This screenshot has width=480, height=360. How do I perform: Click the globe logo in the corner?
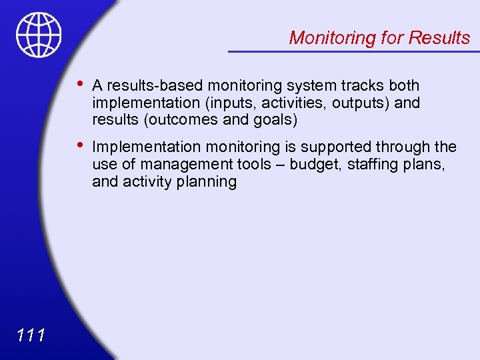(x=39, y=35)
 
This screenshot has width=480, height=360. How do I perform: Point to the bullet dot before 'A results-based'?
(x=80, y=84)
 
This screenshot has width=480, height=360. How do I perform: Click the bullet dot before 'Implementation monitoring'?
(x=80, y=145)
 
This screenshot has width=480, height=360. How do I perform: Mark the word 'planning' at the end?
(x=208, y=181)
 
